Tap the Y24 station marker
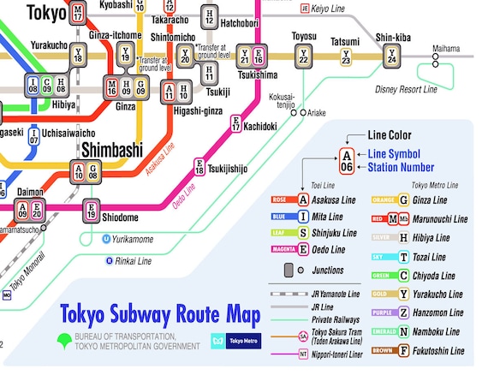(391, 57)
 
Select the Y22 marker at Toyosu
(303, 57)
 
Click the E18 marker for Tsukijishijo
(199, 167)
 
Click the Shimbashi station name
(111, 151)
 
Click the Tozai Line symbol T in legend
(403, 257)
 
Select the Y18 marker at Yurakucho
(79, 56)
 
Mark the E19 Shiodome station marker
(92, 210)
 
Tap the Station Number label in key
(400, 167)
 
